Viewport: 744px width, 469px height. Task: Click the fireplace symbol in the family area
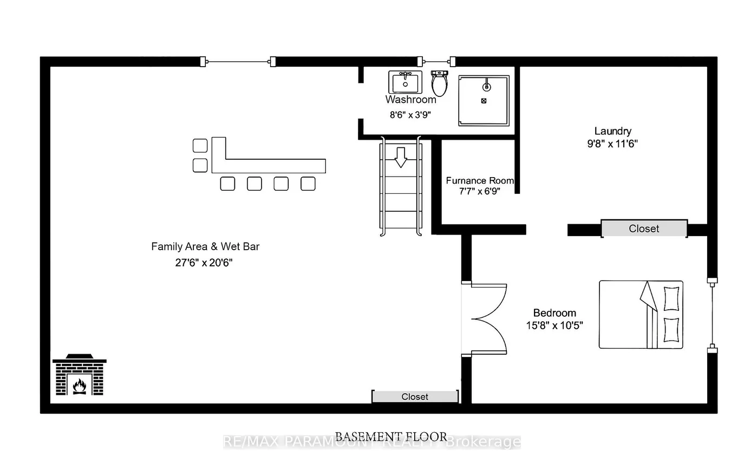click(x=79, y=375)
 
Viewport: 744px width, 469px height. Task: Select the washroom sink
click(x=404, y=82)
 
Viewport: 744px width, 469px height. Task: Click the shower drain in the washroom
click(x=484, y=101)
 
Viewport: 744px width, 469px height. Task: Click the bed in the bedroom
click(x=641, y=314)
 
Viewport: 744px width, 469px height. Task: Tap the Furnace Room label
click(x=479, y=180)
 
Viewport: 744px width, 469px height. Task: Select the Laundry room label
click(x=612, y=131)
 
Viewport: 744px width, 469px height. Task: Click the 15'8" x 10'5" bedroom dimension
click(x=554, y=325)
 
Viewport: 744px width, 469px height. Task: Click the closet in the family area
click(x=415, y=396)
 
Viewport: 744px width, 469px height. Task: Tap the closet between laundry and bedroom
click(x=644, y=229)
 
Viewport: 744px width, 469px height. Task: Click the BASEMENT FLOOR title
click(x=391, y=437)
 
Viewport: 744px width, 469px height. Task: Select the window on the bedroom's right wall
click(x=712, y=314)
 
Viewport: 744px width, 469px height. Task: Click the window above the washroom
click(x=438, y=61)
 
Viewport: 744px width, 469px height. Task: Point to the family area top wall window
click(x=238, y=61)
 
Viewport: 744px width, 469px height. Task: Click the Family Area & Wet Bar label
click(x=205, y=246)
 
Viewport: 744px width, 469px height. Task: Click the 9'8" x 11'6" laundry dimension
click(x=612, y=144)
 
